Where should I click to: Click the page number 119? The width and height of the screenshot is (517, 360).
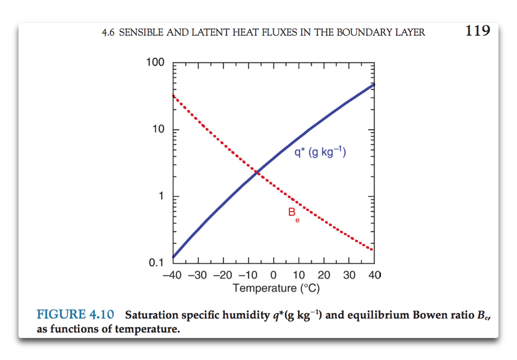(x=477, y=31)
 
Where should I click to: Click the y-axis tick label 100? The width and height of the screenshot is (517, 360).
(x=155, y=63)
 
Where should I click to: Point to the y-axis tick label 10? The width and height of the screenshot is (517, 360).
(x=158, y=130)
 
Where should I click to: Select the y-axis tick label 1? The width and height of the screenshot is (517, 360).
(x=161, y=196)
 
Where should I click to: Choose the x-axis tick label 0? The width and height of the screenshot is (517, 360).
(x=273, y=276)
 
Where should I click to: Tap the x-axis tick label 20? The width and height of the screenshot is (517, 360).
(x=324, y=276)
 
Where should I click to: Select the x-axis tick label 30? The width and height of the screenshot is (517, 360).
(x=349, y=276)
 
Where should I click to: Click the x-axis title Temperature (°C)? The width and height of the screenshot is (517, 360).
(x=276, y=288)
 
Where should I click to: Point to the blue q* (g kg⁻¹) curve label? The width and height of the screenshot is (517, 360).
(x=320, y=152)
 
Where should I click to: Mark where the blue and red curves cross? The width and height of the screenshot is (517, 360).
(x=257, y=172)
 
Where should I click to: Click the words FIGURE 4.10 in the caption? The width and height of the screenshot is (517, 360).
(x=76, y=315)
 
